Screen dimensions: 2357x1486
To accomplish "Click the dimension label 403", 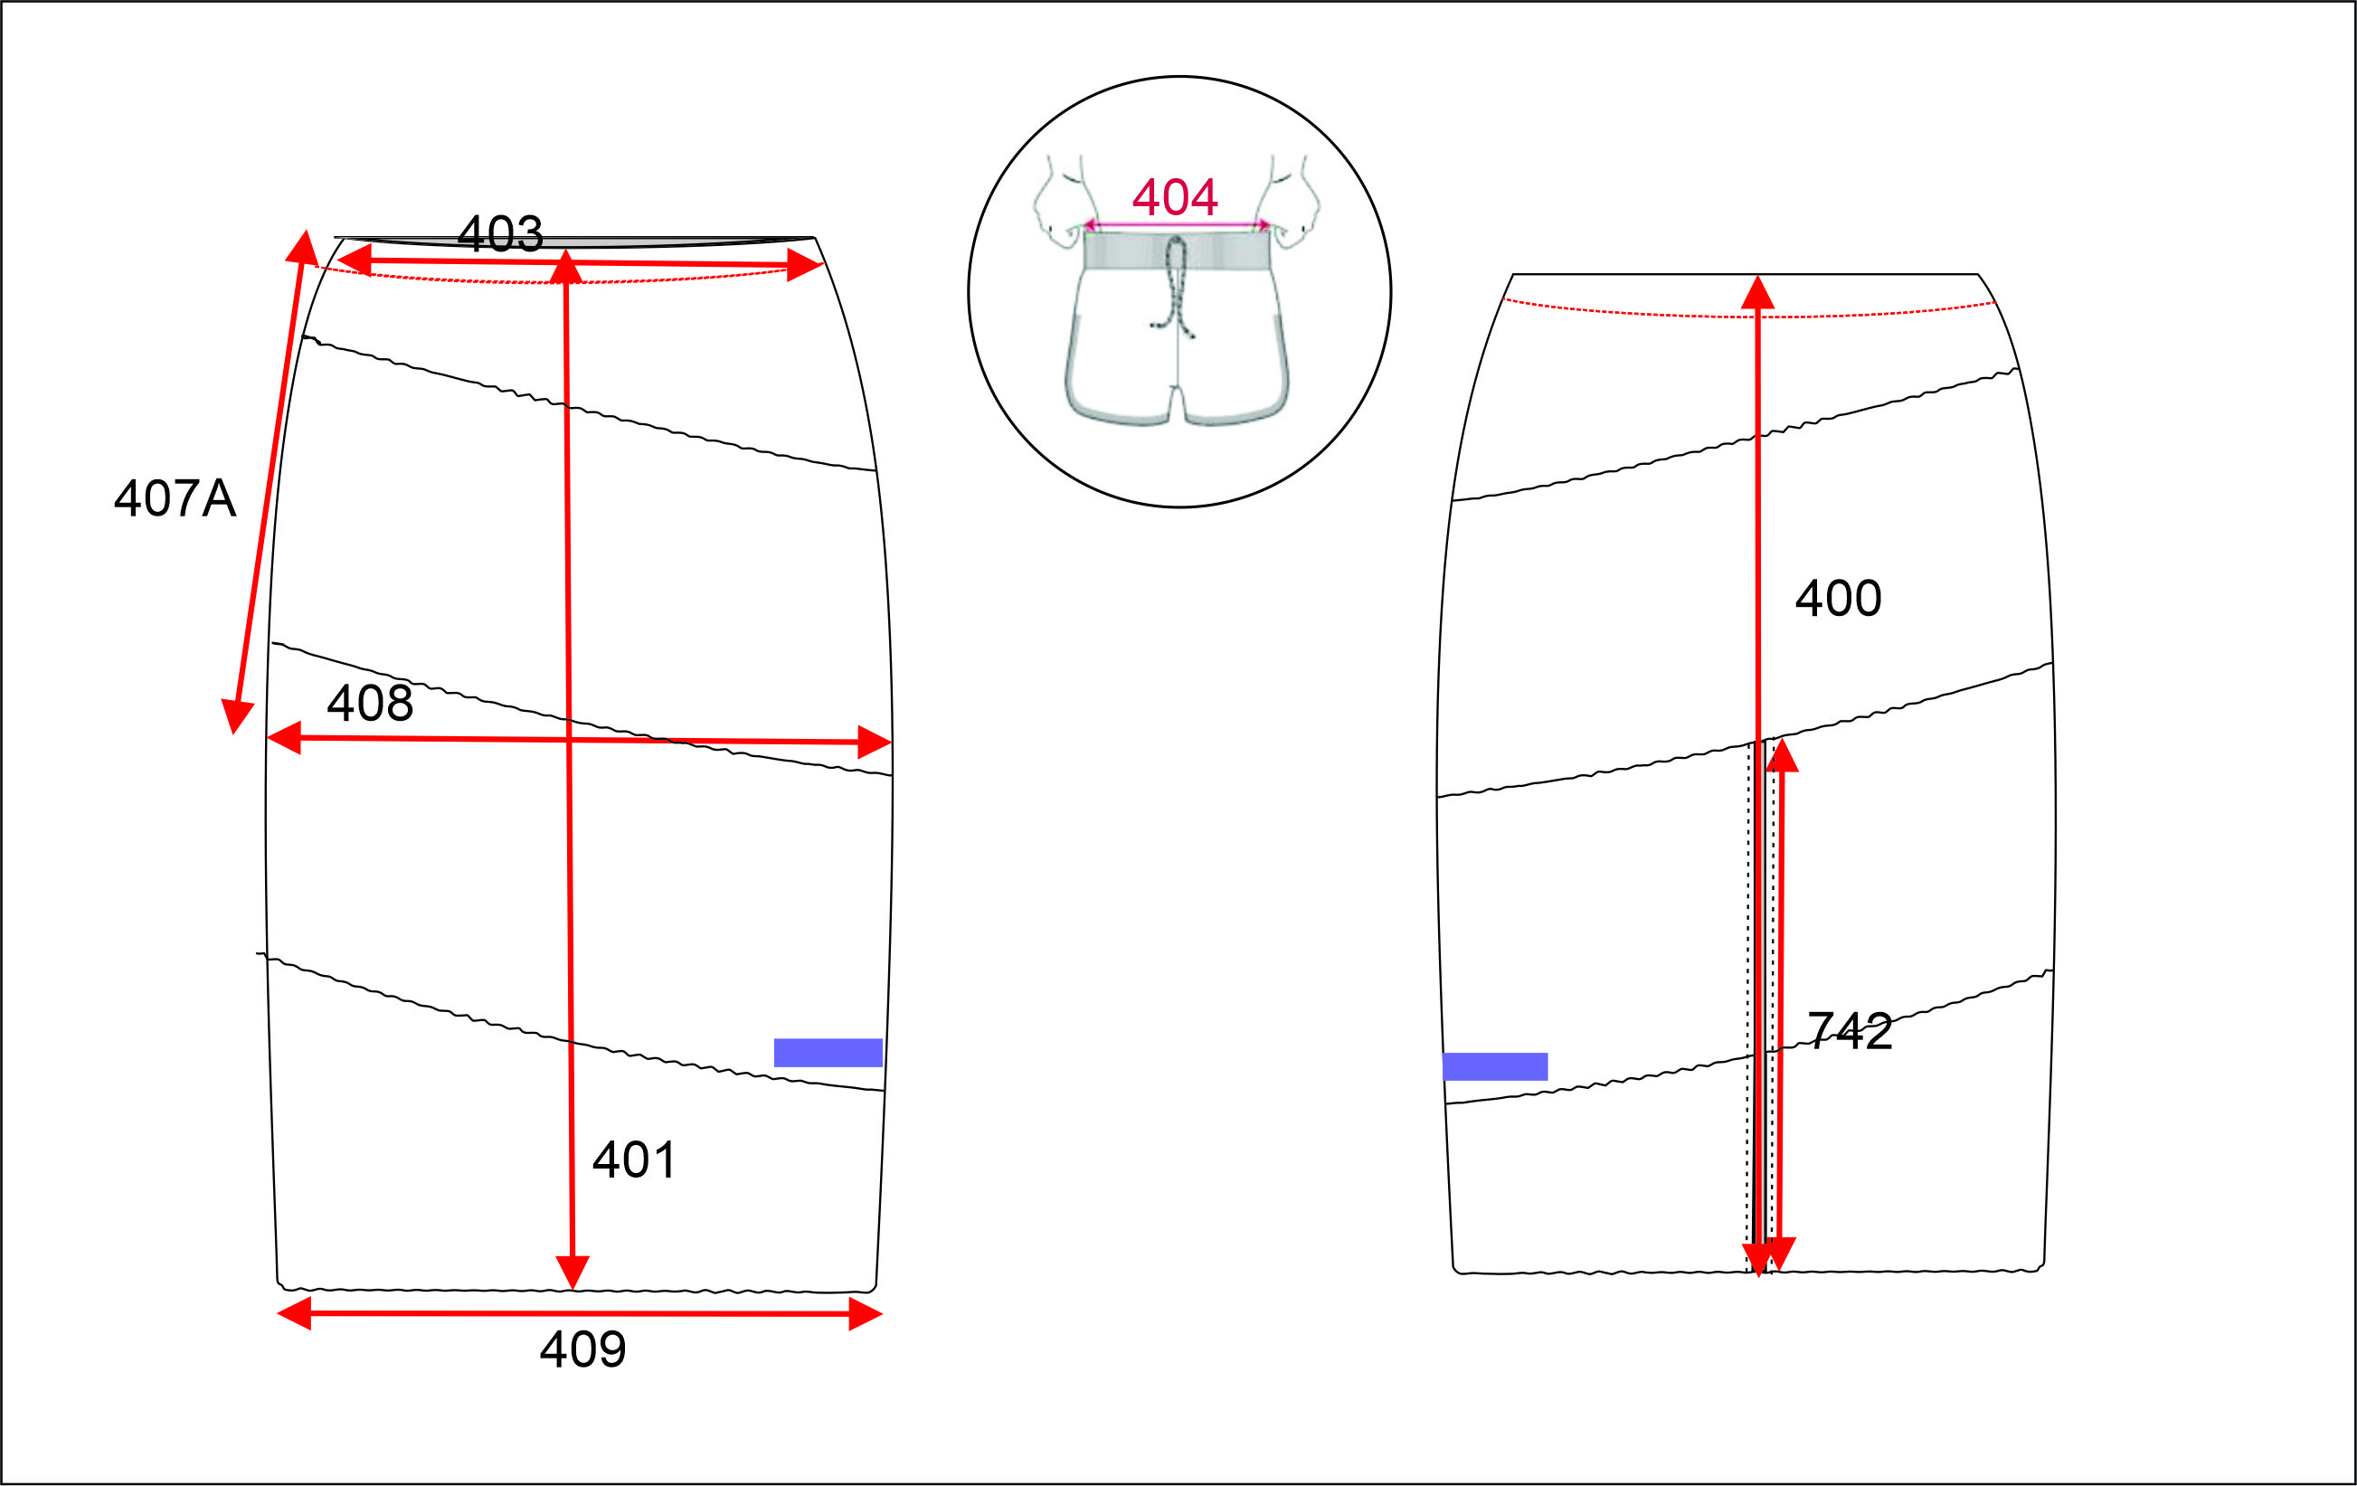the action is [500, 234].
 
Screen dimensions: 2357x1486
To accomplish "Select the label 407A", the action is [175, 498].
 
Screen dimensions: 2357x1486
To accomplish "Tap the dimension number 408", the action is [370, 703].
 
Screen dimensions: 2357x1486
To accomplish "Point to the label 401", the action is [634, 1160].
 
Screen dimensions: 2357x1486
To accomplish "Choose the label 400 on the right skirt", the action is [1838, 598].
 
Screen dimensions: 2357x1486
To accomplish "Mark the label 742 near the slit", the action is [1849, 1031].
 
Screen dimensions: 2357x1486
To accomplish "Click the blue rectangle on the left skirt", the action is [828, 1053].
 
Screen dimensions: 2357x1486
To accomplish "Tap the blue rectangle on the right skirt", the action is [1495, 1067].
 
